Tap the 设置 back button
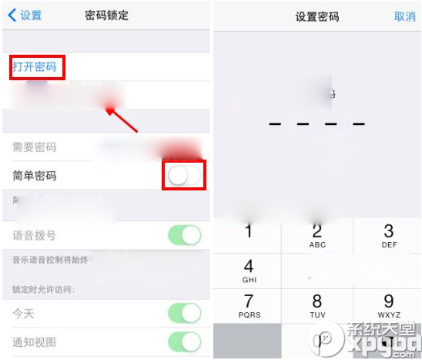tap(25, 15)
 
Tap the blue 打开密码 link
tap(35, 67)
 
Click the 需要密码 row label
tap(35, 147)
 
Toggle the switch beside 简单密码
tap(185, 176)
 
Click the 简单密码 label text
tap(35, 176)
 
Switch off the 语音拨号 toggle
tap(185, 235)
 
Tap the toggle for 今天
tap(185, 313)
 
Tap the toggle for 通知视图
tap(185, 341)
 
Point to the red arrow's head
tap(109, 110)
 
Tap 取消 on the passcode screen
tap(404, 16)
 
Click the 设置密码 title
tap(316, 16)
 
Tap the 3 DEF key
tap(388, 235)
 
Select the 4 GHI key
tap(249, 271)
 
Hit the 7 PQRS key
tap(249, 305)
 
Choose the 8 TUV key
tap(317, 305)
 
